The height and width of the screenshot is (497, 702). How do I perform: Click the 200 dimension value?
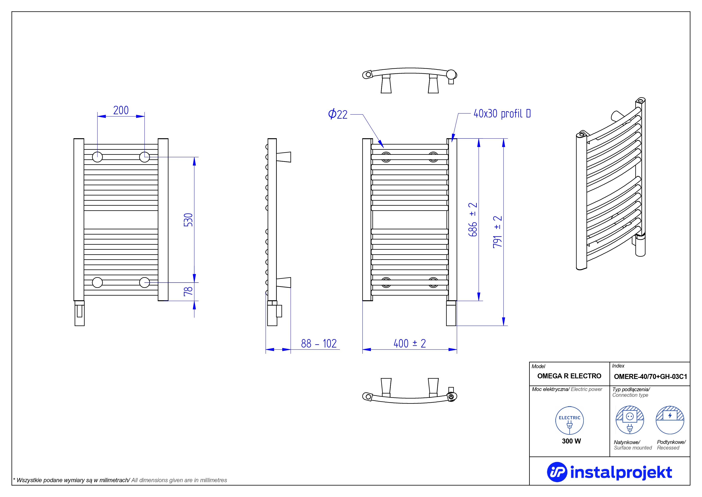121,110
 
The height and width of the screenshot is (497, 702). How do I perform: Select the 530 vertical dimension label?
188,220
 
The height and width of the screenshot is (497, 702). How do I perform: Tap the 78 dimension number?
188,291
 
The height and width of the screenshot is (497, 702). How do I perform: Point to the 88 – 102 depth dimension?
319,343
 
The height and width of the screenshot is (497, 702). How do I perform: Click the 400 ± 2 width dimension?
410,343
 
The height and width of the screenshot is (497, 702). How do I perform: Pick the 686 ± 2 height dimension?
473,219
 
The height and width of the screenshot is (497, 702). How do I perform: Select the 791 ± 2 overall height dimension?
498,232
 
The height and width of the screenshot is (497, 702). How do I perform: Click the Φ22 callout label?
338,114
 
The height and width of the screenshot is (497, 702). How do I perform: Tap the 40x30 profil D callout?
502,114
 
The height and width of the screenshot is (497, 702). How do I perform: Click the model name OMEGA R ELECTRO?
569,376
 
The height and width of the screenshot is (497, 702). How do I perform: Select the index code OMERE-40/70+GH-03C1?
651,377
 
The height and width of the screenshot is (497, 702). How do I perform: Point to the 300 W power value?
571,441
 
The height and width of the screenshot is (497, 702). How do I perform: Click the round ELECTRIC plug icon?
570,420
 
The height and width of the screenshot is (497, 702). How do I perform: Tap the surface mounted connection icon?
630,420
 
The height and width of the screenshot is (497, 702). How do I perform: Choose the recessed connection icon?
670,420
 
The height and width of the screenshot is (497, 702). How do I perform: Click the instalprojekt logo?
609,472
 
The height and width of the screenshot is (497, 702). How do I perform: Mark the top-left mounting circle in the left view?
98,157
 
